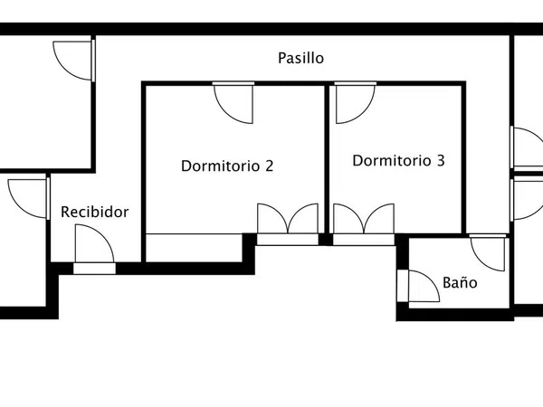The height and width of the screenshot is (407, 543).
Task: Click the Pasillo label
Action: pyautogui.click(x=301, y=58)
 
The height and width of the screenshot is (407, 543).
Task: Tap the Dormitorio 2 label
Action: pyautogui.click(x=227, y=166)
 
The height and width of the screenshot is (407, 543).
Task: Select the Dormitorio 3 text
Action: pyautogui.click(x=398, y=161)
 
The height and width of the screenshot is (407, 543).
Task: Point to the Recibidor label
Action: pyautogui.click(x=94, y=212)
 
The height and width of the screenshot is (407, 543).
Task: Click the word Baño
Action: pyautogui.click(x=460, y=282)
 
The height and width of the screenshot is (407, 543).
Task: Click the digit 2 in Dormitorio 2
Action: pyautogui.click(x=269, y=166)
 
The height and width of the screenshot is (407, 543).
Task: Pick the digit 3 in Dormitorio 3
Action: pyautogui.click(x=441, y=161)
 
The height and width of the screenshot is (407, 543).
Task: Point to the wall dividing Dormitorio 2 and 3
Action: pyautogui.click(x=327, y=159)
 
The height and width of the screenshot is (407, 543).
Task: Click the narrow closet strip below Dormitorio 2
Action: pyautogui.click(x=194, y=248)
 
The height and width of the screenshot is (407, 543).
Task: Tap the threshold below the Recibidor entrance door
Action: pyautogui.click(x=94, y=269)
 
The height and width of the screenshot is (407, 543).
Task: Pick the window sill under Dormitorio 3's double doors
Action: pyautogui.click(x=364, y=240)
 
